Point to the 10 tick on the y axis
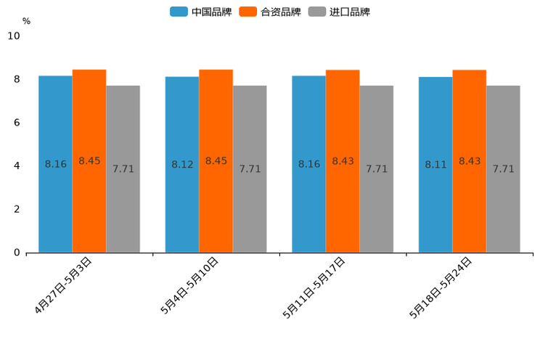14,36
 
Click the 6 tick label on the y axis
17,123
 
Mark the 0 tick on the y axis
17,253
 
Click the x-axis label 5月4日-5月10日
190,285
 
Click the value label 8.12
182,165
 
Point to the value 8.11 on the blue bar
435,165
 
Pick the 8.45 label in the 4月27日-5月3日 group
89,161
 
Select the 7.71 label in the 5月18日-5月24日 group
503,169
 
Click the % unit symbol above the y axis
26,22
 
